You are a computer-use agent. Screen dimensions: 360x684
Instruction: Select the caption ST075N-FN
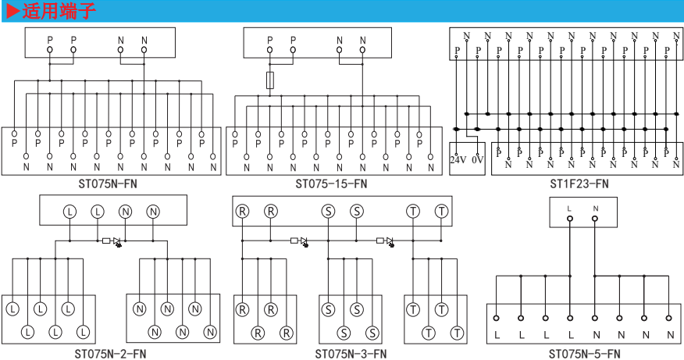click(111, 184)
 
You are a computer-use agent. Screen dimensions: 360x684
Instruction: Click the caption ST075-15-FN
click(331, 184)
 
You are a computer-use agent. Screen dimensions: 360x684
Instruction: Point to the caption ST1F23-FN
click(579, 184)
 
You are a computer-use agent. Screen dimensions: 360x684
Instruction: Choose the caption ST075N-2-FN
click(110, 353)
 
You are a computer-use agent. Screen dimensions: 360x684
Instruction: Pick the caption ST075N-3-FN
click(351, 353)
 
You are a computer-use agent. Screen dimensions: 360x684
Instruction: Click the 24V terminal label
click(458, 160)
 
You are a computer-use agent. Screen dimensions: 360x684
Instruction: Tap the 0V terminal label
click(478, 160)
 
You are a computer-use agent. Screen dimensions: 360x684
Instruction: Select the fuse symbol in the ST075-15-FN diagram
click(270, 80)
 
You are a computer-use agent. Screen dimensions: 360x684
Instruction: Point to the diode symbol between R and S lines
click(300, 241)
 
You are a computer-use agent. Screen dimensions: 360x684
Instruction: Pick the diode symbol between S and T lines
click(385, 241)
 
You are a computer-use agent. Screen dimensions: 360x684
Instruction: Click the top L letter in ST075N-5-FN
click(570, 209)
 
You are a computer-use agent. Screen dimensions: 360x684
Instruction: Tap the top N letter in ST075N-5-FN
click(595, 209)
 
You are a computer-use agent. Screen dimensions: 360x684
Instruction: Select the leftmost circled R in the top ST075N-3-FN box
click(243, 212)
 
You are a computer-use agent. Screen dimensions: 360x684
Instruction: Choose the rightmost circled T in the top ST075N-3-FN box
click(442, 212)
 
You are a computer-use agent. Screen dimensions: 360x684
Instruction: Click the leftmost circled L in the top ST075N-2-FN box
click(69, 212)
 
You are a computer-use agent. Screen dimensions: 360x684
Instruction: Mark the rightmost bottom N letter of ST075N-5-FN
click(670, 337)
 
